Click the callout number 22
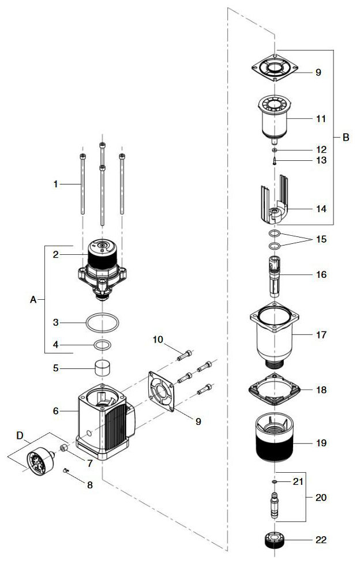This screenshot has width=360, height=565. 321,540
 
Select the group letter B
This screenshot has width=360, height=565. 346,137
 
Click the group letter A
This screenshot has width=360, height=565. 33,300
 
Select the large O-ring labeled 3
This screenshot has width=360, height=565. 104,323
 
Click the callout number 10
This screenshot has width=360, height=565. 157,340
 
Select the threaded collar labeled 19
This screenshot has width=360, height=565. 275,438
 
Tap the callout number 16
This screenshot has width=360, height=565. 321,274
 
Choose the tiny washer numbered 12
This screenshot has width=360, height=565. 275,150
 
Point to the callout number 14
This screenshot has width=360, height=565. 321,209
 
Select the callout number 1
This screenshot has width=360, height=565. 56,184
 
